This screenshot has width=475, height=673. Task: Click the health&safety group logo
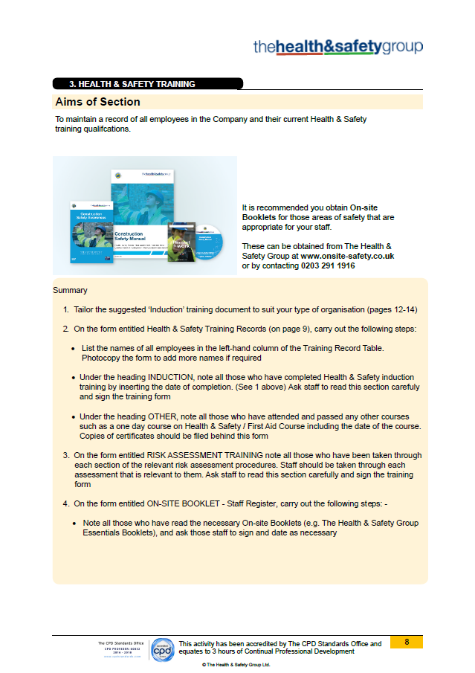pos(338,47)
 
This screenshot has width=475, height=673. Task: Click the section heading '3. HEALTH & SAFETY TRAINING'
pos(132,84)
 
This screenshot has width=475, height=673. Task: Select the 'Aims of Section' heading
pos(97,102)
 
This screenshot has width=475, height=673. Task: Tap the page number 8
pos(407,642)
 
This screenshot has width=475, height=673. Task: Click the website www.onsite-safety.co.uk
pos(347,256)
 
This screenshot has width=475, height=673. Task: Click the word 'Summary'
pos(70,290)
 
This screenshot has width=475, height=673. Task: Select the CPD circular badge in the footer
pos(162,648)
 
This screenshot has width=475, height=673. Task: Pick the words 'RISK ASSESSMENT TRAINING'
pos(195,455)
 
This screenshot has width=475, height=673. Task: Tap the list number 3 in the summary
pos(65,455)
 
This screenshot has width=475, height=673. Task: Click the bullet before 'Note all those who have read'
pos(75,524)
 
